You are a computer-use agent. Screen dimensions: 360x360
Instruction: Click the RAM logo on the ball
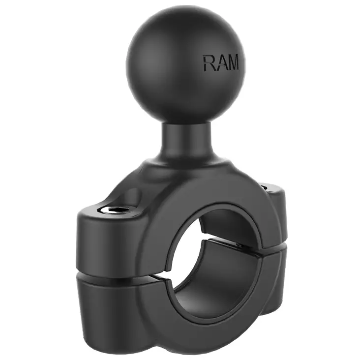point(221,63)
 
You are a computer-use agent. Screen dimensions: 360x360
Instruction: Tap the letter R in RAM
point(209,63)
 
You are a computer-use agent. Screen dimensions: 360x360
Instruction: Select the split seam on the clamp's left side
point(118,276)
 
